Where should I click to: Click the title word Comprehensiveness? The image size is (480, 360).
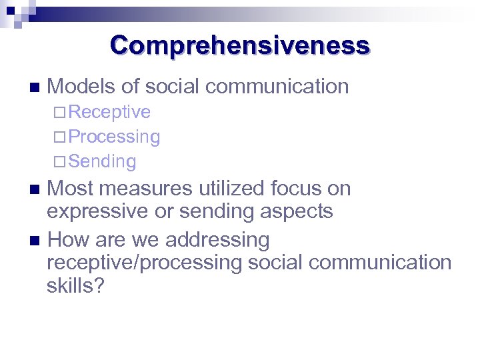click(x=240, y=45)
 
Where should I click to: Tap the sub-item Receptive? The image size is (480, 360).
click(x=109, y=112)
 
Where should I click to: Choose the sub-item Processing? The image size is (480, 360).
click(x=114, y=137)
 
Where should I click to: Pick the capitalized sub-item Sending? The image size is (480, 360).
click(x=102, y=161)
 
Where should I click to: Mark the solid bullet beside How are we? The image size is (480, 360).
click(x=35, y=239)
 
